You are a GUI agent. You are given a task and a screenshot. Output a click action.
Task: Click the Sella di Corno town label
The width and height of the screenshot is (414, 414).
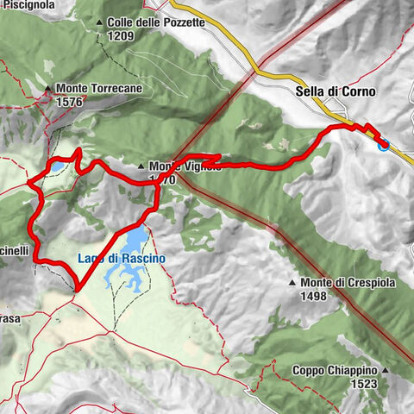(x=319, y=90)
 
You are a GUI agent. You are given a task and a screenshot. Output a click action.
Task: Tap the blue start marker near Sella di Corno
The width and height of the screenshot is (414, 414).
(x=383, y=145)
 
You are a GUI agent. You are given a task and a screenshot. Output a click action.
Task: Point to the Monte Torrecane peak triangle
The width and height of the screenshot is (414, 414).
(x=48, y=88)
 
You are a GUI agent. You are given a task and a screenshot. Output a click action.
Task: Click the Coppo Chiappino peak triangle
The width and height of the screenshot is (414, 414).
(x=386, y=371)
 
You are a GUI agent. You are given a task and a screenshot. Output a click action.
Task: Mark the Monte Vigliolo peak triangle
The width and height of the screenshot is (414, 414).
(x=141, y=166)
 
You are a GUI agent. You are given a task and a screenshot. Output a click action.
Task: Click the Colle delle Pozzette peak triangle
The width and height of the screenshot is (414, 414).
(x=100, y=22)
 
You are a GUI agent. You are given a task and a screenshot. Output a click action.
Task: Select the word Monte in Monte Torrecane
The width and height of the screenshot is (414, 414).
(x=72, y=88)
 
